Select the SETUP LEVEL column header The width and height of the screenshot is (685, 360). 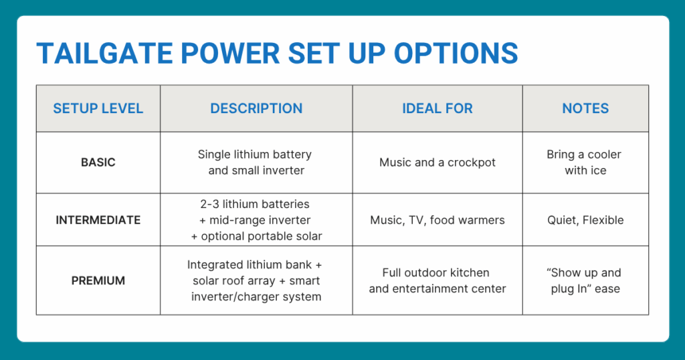pos(98,108)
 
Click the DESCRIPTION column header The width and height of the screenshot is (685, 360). pos(256,108)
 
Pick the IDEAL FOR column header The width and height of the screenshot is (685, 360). pos(437,108)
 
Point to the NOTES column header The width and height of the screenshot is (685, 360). pos(585,108)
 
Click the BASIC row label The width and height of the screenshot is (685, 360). pos(98,163)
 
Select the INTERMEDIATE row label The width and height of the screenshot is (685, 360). pos(98,220)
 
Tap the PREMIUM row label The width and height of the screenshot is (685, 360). pos(98,280)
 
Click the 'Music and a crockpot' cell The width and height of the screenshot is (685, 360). pos(437,163)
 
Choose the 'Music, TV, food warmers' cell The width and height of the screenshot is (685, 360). pos(437,220)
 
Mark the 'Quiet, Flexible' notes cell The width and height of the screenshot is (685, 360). pos(585,220)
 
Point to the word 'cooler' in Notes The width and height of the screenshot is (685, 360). pos(604,155)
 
